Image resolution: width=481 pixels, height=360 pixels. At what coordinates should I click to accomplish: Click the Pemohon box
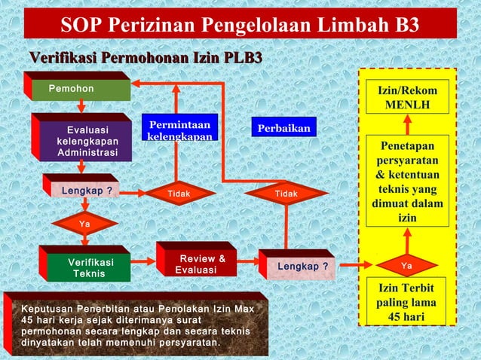[80, 89]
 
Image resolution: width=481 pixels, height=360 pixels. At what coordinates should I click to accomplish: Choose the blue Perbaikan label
[283, 129]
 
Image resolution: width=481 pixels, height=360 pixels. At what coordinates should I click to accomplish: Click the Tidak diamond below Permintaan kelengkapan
[179, 194]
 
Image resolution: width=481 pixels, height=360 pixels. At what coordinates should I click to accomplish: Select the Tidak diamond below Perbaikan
[286, 194]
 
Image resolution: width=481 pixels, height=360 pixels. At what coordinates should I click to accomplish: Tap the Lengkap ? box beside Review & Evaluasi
[302, 267]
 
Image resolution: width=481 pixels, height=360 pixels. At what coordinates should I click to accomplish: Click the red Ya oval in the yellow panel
[406, 266]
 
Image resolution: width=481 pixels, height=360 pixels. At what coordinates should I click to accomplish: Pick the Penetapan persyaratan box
[407, 180]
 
